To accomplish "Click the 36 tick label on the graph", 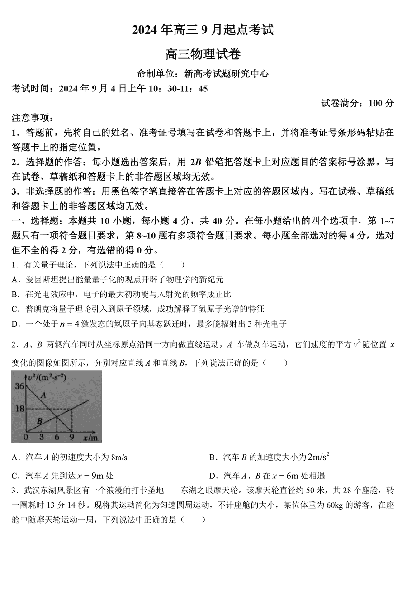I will pyautogui.click(x=19, y=386).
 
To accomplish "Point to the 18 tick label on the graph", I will pyautogui.click(x=19, y=409).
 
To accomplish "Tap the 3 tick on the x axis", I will pyautogui.click(x=42, y=437).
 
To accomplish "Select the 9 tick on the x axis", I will pyautogui.click(x=71, y=437).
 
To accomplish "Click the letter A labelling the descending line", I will pyautogui.click(x=44, y=395).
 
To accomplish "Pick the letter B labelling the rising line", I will pyautogui.click(x=39, y=421).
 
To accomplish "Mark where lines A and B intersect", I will pyautogui.click(x=55, y=416).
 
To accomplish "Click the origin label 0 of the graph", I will pyautogui.click(x=26, y=437).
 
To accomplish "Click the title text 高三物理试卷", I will pyautogui.click(x=203, y=55).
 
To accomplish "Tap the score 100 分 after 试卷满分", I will pyautogui.click(x=381, y=103).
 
